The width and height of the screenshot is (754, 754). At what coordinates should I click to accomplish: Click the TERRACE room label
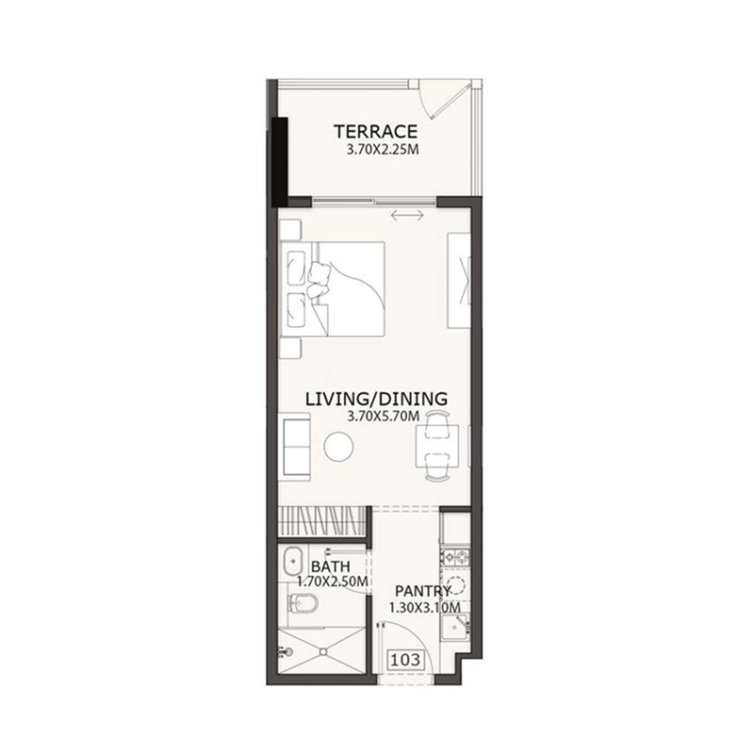(x=375, y=131)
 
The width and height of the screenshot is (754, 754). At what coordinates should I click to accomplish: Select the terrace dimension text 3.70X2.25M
(x=383, y=150)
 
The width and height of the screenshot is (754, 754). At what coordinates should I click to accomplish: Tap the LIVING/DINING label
(x=376, y=399)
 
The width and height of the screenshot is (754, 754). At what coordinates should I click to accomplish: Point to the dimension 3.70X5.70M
(x=384, y=417)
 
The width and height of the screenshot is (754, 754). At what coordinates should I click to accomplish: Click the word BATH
(x=331, y=566)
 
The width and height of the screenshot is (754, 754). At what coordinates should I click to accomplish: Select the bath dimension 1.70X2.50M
(x=333, y=582)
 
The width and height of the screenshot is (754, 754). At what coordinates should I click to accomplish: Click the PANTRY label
(x=423, y=591)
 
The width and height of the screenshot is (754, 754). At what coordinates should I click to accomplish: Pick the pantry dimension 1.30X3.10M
(x=425, y=608)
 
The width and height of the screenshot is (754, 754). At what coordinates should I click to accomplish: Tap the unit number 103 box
(x=406, y=660)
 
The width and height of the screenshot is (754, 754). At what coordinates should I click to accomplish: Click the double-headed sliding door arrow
(x=407, y=215)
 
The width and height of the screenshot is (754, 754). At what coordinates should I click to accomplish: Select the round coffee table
(x=338, y=447)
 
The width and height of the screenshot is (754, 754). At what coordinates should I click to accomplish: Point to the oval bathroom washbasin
(x=292, y=561)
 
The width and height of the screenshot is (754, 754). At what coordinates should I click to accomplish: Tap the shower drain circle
(x=324, y=651)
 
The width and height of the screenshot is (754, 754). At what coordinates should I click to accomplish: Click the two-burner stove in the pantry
(x=456, y=557)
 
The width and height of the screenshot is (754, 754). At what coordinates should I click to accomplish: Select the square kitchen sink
(x=454, y=628)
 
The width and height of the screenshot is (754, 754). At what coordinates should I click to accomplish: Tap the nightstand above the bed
(x=290, y=230)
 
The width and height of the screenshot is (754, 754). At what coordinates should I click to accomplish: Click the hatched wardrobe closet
(x=322, y=521)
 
